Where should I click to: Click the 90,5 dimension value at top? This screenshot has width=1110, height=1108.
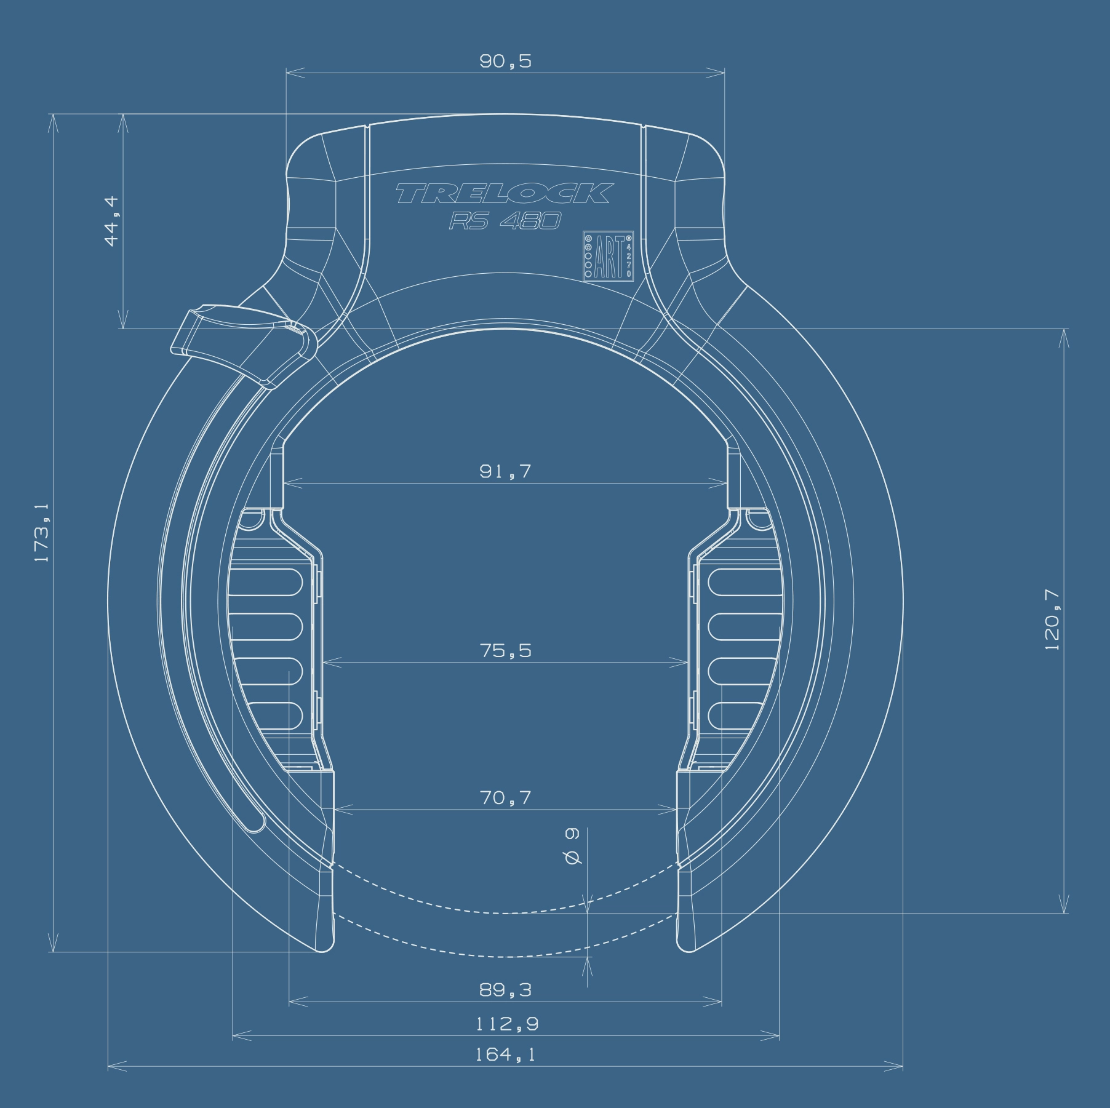505,61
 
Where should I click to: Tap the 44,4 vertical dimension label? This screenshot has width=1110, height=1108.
113,221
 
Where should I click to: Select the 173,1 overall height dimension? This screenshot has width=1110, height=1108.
42,532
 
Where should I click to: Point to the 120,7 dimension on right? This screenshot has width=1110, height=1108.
1053,620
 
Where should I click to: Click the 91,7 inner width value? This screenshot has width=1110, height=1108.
505,471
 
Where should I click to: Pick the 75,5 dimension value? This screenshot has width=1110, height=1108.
505,650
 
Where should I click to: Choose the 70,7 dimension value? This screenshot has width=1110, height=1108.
505,798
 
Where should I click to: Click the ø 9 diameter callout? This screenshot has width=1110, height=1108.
572,846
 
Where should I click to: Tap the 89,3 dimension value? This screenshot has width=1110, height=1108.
505,990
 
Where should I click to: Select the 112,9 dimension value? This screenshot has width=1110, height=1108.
507,1024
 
